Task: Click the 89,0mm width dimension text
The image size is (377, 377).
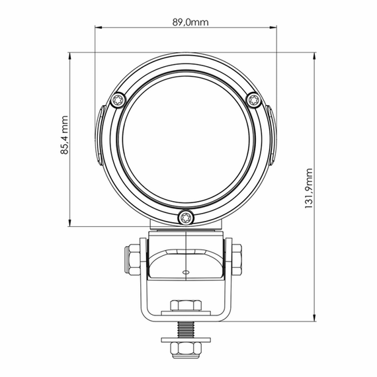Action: [190, 22]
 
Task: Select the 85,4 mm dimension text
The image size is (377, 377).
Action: [65, 136]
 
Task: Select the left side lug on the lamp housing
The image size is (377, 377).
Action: [97, 136]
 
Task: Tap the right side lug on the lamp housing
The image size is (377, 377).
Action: [273, 136]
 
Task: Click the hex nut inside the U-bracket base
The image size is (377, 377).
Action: [185, 306]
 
